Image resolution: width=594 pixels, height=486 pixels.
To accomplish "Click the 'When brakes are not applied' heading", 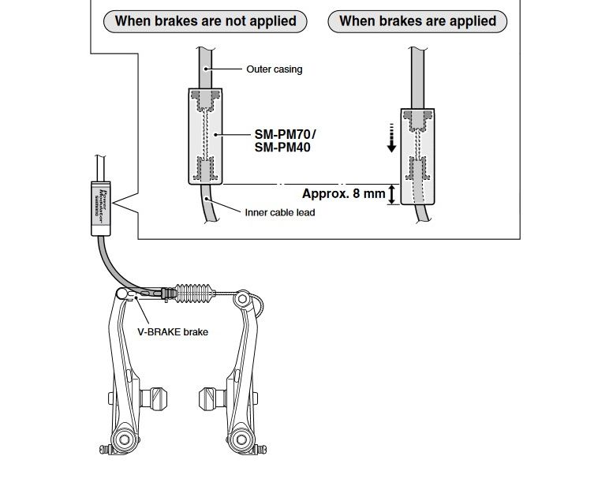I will [205, 21].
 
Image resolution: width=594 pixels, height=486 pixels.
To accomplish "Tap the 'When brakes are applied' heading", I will [417, 21].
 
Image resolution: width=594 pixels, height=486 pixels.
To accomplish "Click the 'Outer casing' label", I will [274, 69].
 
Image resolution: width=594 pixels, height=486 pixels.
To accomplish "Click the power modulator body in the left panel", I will [205, 136].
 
